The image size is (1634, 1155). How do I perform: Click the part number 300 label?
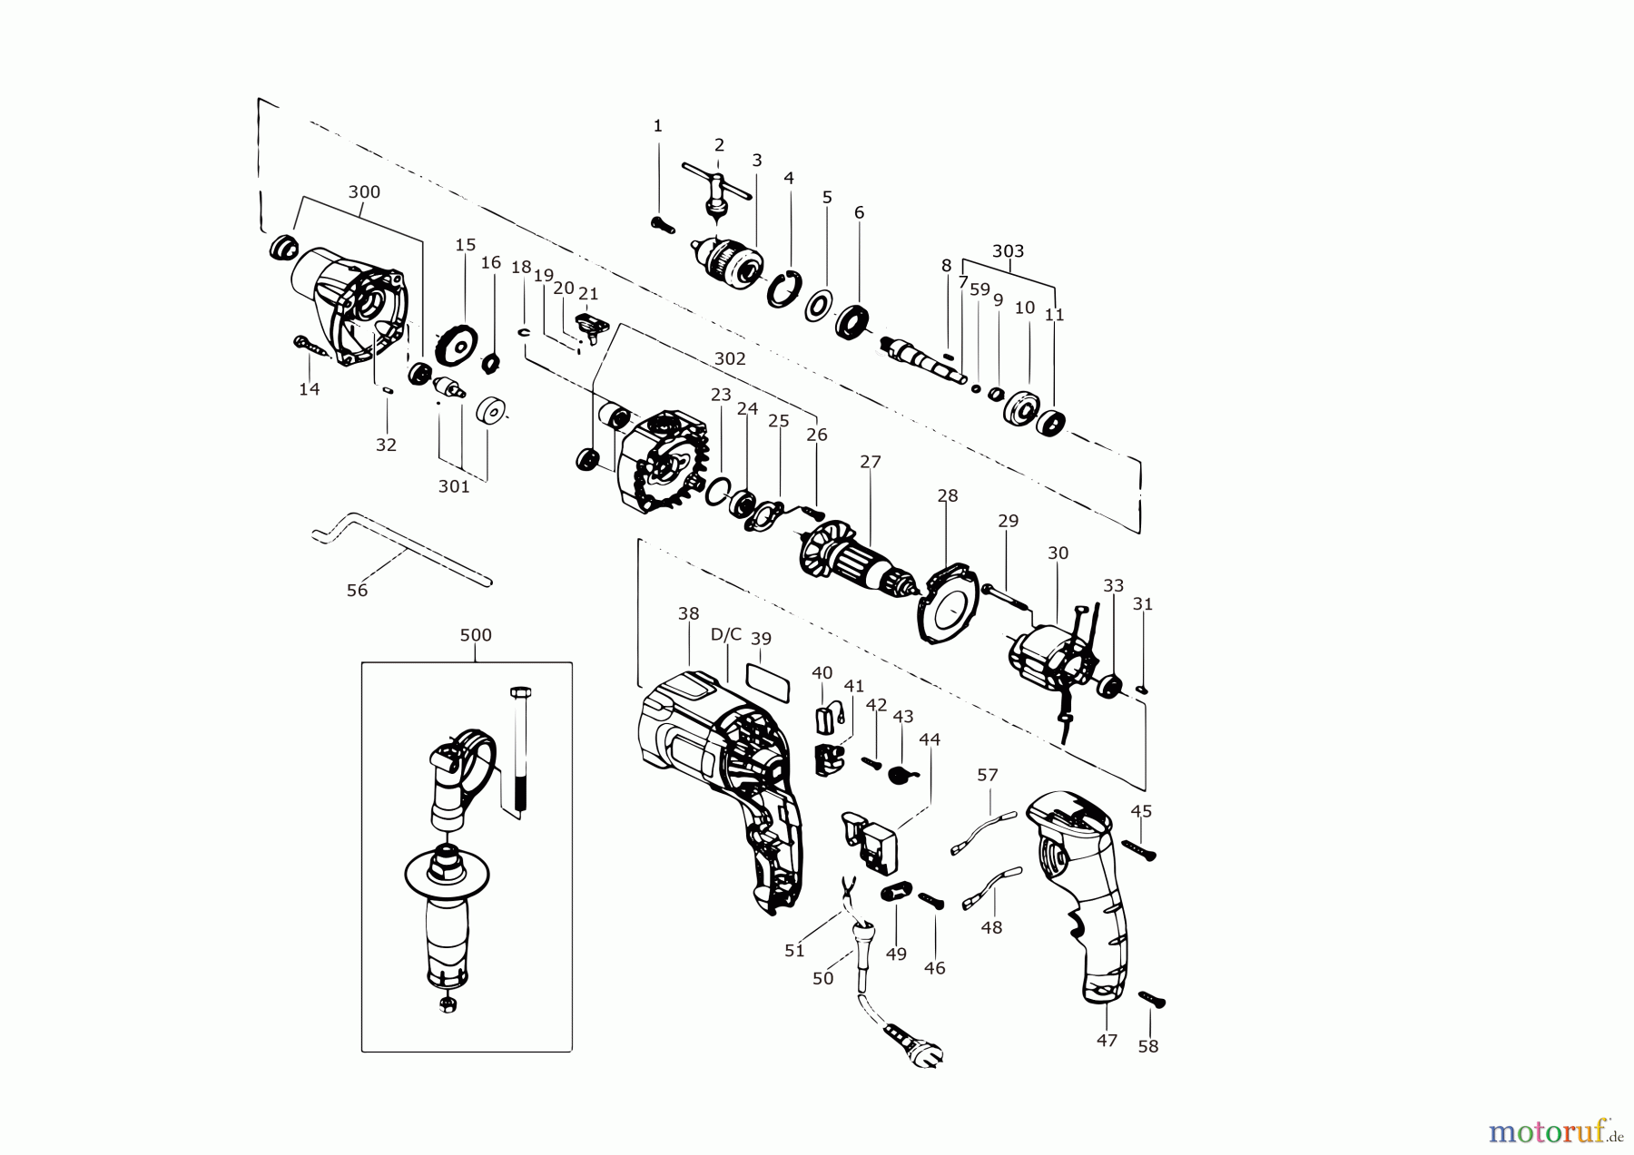[x=364, y=192]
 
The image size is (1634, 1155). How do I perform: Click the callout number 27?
[x=871, y=462]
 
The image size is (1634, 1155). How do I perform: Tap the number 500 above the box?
[x=476, y=635]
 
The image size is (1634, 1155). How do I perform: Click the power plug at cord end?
[x=917, y=1043]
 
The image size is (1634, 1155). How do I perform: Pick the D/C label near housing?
[x=726, y=634]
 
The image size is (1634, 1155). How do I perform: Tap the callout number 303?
[x=1008, y=251]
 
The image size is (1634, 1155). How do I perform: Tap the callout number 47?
[x=1107, y=1041]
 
